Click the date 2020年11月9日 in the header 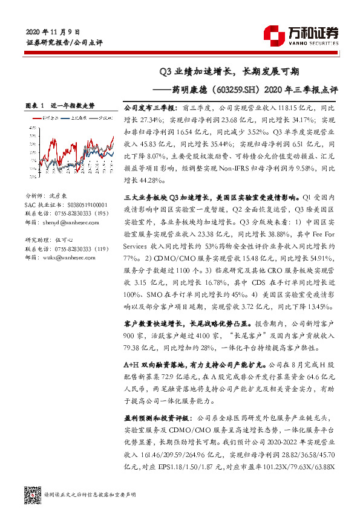pyautogui.click(x=53, y=31)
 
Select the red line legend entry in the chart pyautogui.click(x=44, y=117)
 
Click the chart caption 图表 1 pyautogui.click(x=35, y=105)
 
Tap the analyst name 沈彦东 pyautogui.click(x=61, y=197)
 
